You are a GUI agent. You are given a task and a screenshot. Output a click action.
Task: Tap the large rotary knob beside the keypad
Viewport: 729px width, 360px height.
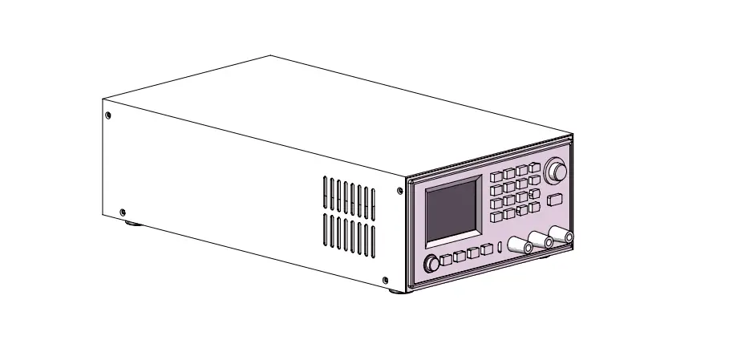pyautogui.click(x=555, y=171)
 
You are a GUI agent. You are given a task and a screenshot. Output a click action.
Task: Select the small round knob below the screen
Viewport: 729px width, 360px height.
pyautogui.click(x=432, y=264)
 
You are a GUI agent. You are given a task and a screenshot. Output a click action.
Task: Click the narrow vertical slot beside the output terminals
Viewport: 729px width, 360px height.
pyautogui.click(x=500, y=247)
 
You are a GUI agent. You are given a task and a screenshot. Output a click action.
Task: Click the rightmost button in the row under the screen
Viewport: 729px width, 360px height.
pyautogui.click(x=486, y=252)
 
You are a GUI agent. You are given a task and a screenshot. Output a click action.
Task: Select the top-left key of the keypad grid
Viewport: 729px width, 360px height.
pyautogui.click(x=496, y=176)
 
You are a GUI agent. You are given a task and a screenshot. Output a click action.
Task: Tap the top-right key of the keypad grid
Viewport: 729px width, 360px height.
pyautogui.click(x=534, y=167)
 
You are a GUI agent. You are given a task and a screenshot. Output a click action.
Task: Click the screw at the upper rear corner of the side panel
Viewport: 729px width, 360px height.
pyautogui.click(x=108, y=115)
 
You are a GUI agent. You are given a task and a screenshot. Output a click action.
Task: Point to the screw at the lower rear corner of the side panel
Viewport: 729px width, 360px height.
pyautogui.click(x=122, y=212)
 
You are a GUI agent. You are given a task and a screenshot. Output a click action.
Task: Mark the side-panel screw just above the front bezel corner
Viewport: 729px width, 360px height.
pyautogui.click(x=399, y=191)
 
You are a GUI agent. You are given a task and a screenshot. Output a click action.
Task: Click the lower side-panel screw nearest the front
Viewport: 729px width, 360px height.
pyautogui.click(x=385, y=280)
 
